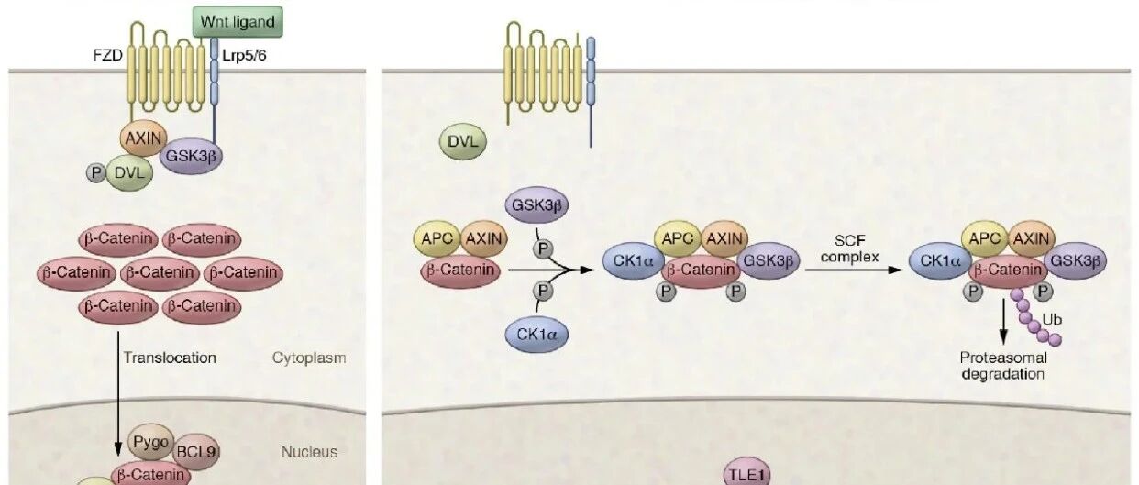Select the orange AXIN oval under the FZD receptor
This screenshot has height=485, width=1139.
coord(143,140)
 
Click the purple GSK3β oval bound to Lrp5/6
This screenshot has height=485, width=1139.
coord(191,157)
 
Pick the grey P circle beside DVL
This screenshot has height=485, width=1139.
coord(94,171)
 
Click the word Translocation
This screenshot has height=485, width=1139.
coord(170,358)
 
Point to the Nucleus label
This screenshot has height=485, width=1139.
coord(310,451)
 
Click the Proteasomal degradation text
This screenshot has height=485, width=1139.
coord(1002,365)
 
